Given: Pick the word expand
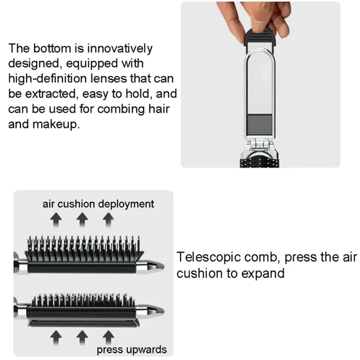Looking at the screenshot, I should [x=263, y=273].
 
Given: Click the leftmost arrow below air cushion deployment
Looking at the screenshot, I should [x=56, y=220].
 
